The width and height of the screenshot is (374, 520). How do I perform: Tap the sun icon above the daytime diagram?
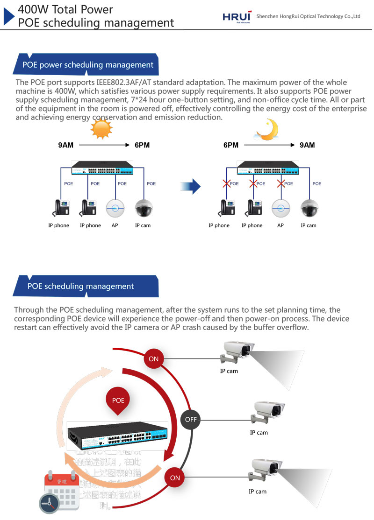pyautogui.click(x=101, y=129)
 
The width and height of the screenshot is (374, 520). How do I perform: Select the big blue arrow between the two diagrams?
pyautogui.click(x=191, y=187)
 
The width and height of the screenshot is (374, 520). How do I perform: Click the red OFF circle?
pyautogui.click(x=191, y=419)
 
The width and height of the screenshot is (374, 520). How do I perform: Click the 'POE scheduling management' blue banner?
pyautogui.click(x=82, y=286)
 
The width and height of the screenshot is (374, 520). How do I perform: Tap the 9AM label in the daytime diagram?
pyautogui.click(x=66, y=145)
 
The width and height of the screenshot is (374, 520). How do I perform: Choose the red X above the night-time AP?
pyautogui.click(x=281, y=183)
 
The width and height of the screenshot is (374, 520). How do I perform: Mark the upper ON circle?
pyautogui.click(x=154, y=359)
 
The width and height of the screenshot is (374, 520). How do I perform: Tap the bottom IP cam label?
pyautogui.click(x=258, y=492)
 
